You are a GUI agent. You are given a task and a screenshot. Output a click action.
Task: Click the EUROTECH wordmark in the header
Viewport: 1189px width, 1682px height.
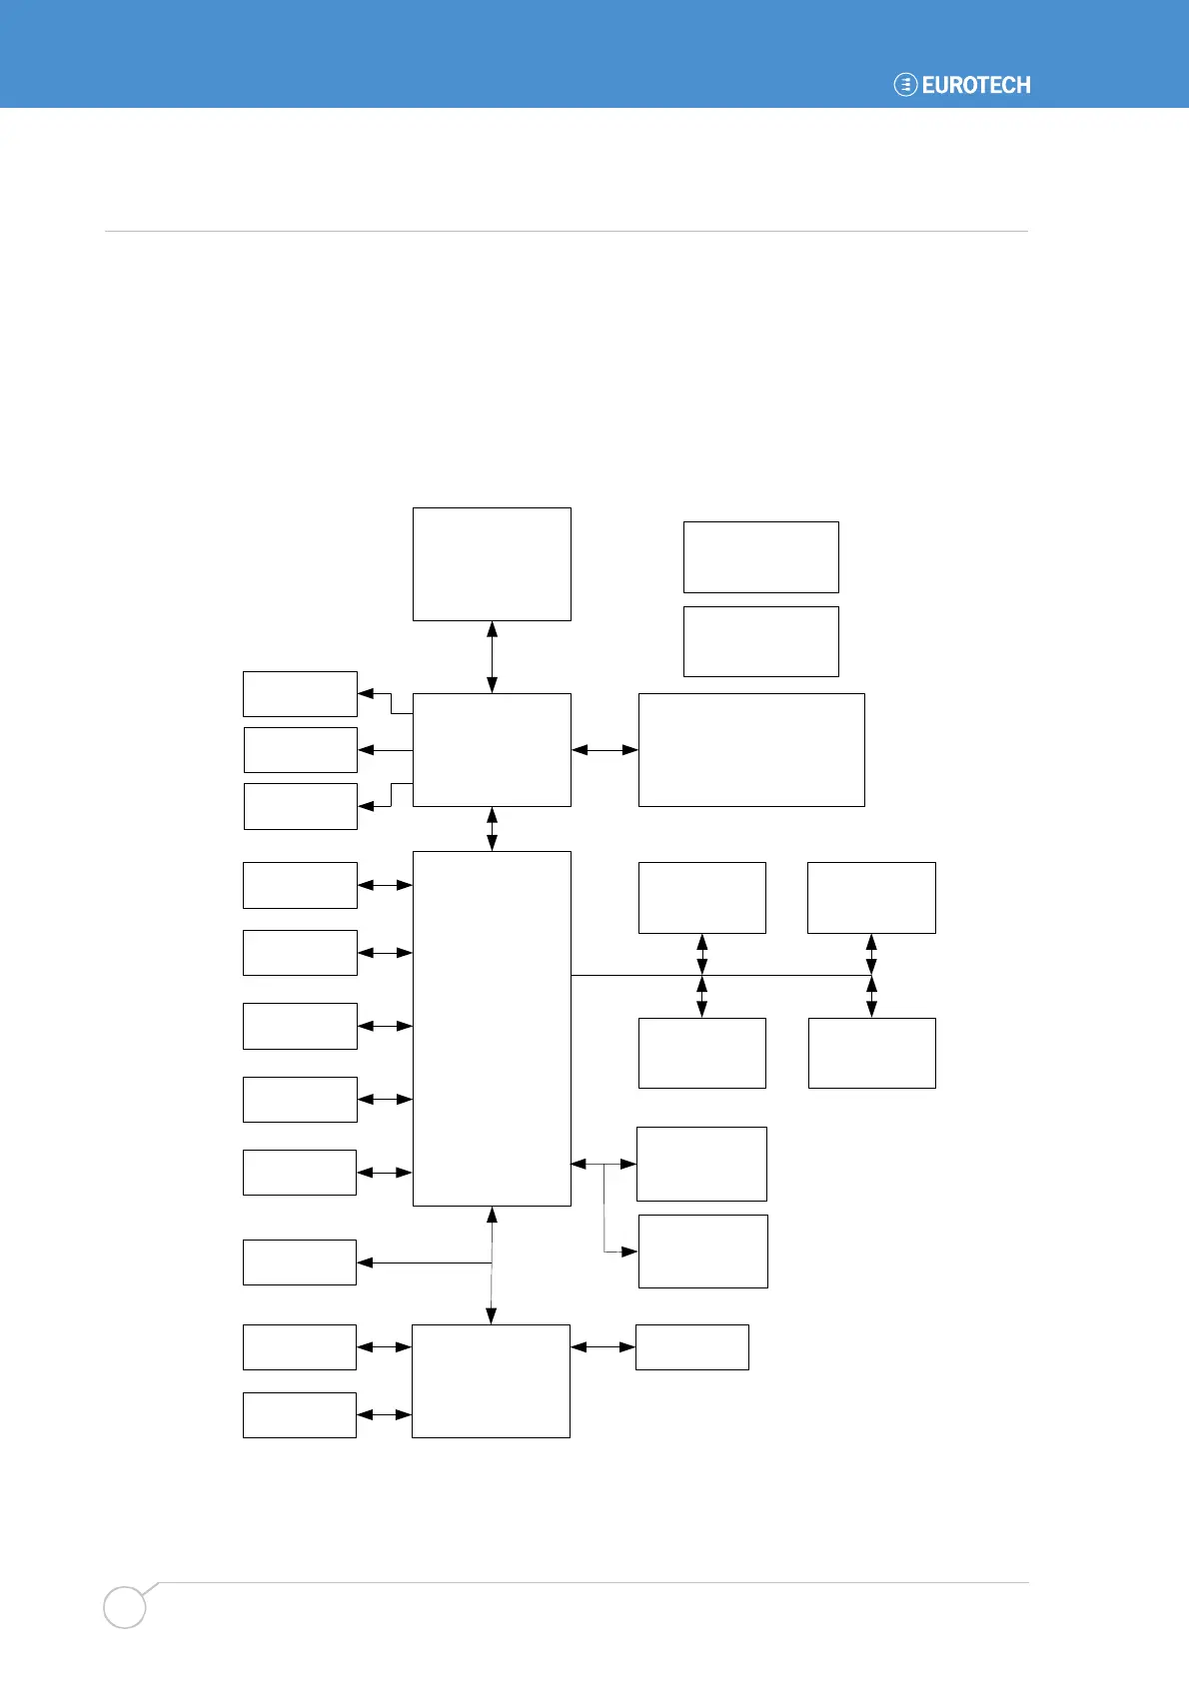pos(976,85)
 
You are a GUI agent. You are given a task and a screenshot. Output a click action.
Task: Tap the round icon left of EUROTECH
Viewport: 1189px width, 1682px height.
pos(905,85)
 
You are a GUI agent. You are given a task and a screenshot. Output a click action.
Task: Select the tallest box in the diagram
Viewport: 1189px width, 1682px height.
pos(492,1028)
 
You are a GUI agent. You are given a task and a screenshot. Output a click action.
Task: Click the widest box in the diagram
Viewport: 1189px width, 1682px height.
pos(751,749)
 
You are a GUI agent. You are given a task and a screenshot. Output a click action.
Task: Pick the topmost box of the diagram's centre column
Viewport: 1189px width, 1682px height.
pos(492,563)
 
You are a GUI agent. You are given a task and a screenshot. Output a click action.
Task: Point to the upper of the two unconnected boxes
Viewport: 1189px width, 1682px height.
pos(760,556)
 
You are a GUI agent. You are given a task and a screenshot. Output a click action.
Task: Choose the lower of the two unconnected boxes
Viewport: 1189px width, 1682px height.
pos(760,641)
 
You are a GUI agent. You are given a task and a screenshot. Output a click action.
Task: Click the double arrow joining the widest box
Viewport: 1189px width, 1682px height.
pos(604,749)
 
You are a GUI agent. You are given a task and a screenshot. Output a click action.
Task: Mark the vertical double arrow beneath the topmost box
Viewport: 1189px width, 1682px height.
pos(492,656)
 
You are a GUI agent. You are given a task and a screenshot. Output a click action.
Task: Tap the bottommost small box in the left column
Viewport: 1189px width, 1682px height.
pos(300,1414)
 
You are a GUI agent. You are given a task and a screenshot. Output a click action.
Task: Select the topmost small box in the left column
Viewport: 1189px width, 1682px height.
pos(300,693)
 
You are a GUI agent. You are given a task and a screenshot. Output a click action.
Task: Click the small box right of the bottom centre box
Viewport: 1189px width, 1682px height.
pos(691,1346)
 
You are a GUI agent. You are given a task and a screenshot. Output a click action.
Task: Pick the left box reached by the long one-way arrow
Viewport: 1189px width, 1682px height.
pos(300,1261)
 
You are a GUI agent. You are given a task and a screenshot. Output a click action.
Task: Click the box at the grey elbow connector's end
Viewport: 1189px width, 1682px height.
pos(702,1251)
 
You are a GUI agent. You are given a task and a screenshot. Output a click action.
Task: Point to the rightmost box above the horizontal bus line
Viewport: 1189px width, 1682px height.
pos(871,897)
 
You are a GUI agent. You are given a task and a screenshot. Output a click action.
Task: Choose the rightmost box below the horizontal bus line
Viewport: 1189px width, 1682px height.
pos(871,1053)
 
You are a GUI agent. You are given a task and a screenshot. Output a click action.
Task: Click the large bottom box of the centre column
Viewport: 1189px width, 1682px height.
pos(491,1380)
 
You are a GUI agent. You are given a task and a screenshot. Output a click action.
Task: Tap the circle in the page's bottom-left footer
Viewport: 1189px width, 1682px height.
pos(125,1607)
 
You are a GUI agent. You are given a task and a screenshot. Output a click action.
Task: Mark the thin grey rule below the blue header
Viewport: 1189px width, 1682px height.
pos(566,231)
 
